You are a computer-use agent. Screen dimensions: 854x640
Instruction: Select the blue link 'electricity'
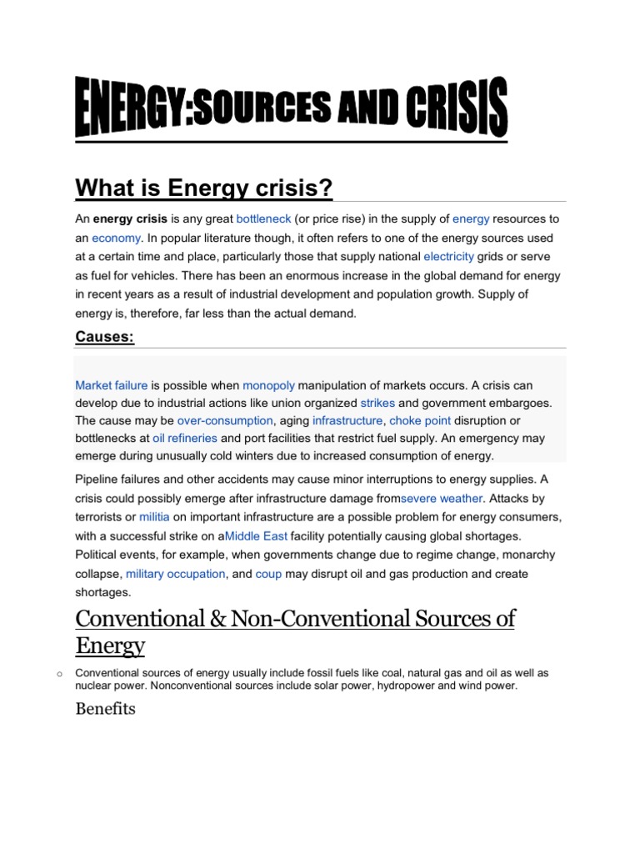[448, 256]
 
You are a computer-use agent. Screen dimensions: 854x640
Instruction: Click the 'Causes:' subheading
[104, 336]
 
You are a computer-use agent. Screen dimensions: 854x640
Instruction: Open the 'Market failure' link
[111, 385]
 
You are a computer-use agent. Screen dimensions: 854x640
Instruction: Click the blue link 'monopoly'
[268, 385]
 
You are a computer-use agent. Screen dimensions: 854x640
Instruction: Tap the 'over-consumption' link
[225, 421]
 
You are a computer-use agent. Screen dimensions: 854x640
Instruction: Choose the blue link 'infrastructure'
[347, 421]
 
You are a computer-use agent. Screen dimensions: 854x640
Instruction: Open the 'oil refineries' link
[185, 438]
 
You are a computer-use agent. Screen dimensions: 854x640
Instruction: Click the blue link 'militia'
[153, 517]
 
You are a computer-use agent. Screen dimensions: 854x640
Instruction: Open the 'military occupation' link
[175, 574]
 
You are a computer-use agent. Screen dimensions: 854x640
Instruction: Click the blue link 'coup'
[268, 574]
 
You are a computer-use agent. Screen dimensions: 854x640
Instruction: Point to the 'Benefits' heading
[105, 709]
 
